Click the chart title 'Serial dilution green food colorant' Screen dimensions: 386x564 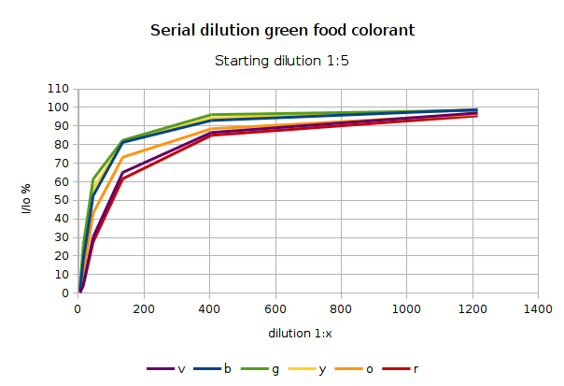click(282, 31)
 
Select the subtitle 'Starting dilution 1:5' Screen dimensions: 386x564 click(282, 62)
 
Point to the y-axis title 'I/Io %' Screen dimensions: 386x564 click(27, 192)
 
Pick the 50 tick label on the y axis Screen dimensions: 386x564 click(62, 200)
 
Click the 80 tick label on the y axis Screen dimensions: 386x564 click(62, 144)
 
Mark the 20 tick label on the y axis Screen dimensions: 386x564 click(62, 256)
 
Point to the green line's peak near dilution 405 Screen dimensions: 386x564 click(212, 115)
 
